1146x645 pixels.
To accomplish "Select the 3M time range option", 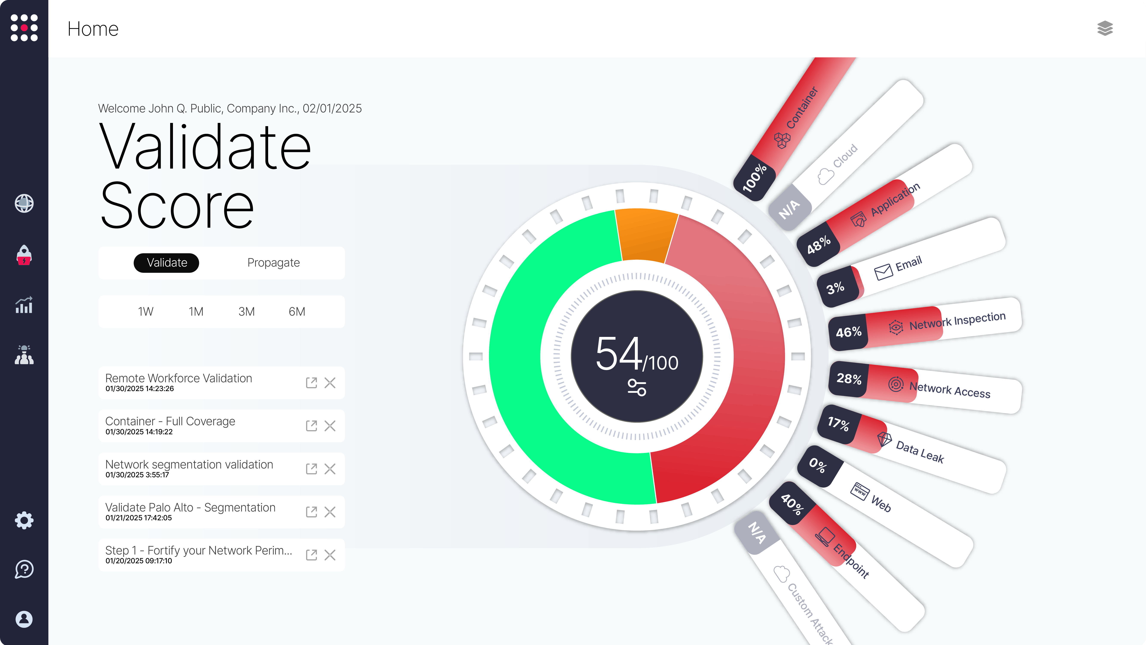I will click(x=246, y=312).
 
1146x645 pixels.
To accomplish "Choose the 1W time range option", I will click(x=145, y=312).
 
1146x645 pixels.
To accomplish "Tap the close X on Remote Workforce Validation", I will click(x=330, y=383).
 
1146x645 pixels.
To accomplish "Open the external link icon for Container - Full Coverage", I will click(x=311, y=426).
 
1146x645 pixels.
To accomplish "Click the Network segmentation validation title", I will click(x=189, y=464).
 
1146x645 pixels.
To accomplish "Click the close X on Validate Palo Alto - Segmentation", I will click(x=330, y=512).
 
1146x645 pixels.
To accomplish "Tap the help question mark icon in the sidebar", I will click(x=24, y=569).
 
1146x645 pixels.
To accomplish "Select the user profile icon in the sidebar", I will click(x=24, y=619).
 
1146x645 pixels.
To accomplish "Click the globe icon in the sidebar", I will click(x=24, y=203).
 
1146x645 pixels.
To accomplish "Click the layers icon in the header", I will click(x=1105, y=29).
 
